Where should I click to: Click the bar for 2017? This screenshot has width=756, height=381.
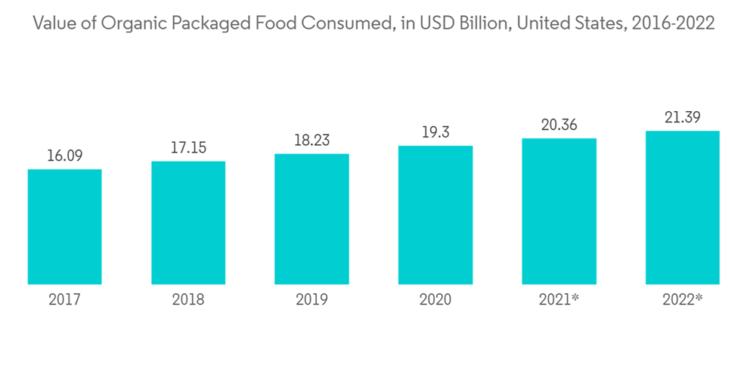[x=64, y=227]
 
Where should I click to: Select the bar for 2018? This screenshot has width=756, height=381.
[x=188, y=223]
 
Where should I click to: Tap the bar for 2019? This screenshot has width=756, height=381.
[x=311, y=219]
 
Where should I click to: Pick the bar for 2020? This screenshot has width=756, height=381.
[x=435, y=215]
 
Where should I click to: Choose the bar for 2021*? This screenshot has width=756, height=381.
[x=559, y=212]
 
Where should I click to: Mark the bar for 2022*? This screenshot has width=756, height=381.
[x=683, y=208]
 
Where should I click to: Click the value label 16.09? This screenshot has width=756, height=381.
[x=64, y=156]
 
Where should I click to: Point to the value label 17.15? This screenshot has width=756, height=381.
[x=188, y=148]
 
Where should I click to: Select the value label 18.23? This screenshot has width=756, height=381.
[x=311, y=141]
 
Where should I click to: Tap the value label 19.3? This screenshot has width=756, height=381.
[x=435, y=132]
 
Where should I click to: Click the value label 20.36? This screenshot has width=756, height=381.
[x=559, y=125]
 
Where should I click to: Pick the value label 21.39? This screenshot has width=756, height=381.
[x=683, y=117]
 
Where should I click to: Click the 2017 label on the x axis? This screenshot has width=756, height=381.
[x=64, y=300]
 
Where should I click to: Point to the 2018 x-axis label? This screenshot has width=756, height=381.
[x=188, y=300]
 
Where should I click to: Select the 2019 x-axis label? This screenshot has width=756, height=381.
[x=311, y=300]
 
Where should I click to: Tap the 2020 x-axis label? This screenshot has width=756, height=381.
[x=435, y=300]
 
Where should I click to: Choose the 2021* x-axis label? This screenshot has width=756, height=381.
[x=559, y=300]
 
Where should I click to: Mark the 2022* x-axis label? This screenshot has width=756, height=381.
[x=683, y=300]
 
